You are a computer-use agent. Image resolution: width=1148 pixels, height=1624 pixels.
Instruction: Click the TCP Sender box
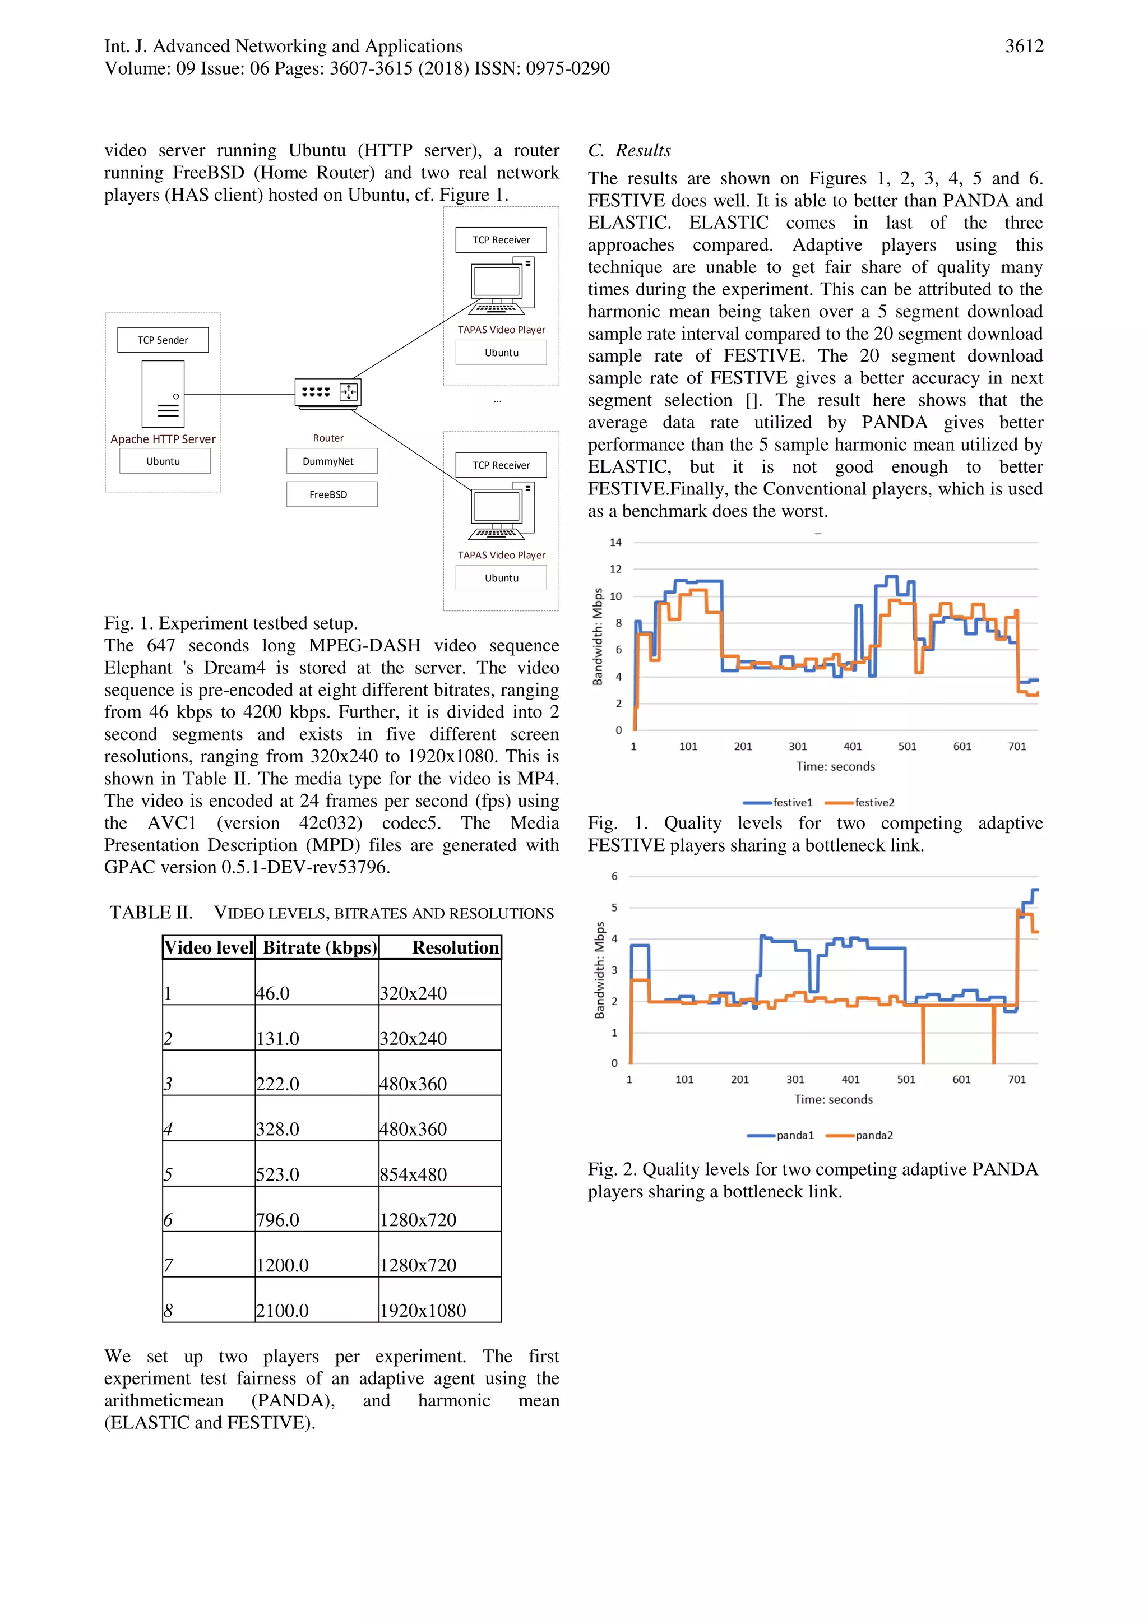click(163, 340)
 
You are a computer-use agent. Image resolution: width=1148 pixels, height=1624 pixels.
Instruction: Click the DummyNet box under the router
click(332, 461)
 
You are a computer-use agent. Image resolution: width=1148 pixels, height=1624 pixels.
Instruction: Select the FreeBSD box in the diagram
click(332, 494)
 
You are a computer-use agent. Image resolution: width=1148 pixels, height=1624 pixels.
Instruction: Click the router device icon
click(327, 392)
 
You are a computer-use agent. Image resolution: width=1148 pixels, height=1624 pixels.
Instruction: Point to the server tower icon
click(163, 394)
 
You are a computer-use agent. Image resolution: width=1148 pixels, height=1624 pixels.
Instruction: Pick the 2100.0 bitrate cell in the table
click(282, 1310)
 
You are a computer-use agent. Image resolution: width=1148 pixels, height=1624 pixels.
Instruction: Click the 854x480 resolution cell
click(413, 1174)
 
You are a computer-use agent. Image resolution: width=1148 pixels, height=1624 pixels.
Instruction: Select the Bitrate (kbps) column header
click(320, 947)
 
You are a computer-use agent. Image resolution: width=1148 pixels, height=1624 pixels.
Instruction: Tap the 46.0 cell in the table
click(273, 993)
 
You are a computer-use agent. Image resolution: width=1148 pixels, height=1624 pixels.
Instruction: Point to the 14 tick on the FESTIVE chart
click(615, 543)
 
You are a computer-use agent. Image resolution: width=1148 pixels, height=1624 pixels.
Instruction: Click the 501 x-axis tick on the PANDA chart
click(905, 1079)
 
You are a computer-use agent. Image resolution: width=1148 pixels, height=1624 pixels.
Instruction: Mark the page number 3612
click(1024, 47)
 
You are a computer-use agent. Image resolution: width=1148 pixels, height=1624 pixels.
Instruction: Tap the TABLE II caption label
click(151, 913)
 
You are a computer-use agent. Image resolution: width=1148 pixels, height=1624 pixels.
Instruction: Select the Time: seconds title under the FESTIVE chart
click(835, 766)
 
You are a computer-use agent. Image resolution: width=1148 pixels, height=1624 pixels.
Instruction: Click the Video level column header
click(209, 947)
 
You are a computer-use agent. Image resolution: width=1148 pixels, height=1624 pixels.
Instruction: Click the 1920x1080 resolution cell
click(423, 1310)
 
